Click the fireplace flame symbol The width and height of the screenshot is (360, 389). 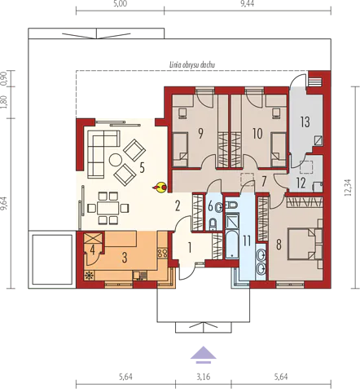pos(160,188)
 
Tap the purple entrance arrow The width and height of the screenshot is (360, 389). pos(203,355)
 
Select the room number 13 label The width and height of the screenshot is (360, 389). pos(305,122)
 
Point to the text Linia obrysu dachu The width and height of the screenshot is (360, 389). pos(192,64)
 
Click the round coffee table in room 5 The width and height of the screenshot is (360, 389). pos(116,160)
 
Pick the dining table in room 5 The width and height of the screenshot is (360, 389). pos(108,208)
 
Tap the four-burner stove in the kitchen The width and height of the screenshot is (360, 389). pos(162,253)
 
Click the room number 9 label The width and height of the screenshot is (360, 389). pos(200,134)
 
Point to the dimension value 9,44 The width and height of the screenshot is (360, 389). pos(248,4)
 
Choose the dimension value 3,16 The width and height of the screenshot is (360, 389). pos(204,377)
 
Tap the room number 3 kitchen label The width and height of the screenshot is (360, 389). pos(125,258)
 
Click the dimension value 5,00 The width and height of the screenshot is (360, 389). pos(121,4)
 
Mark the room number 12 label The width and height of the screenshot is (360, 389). pos(301,183)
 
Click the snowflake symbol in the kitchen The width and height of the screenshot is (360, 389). pos(88,276)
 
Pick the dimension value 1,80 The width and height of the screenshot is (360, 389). pos(4,103)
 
